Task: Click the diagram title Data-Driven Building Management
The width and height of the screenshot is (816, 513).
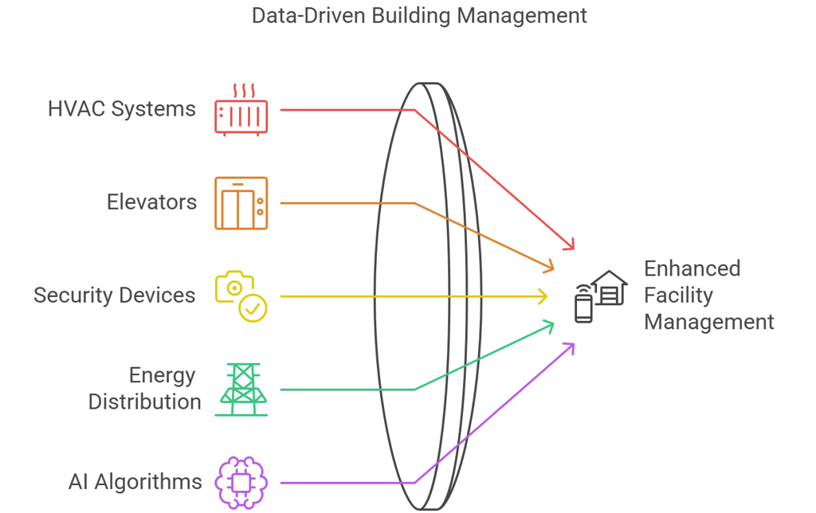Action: (419, 15)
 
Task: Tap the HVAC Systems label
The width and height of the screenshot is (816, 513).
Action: (121, 109)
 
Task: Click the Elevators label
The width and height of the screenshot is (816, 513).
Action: (151, 202)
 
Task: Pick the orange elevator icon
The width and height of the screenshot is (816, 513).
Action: (241, 203)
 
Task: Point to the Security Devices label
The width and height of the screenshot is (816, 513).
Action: (114, 296)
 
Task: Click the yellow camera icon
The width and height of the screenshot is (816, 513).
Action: (234, 288)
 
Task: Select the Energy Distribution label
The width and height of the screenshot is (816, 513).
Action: (144, 389)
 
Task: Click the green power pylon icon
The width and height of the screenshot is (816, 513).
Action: (241, 389)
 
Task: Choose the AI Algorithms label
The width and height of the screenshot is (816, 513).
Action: (135, 482)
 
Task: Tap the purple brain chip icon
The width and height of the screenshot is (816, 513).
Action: (241, 482)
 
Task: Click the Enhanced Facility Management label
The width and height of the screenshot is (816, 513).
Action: (708, 296)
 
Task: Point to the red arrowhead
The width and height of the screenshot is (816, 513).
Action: (569, 244)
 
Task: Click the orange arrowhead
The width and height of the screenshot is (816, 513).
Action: (549, 266)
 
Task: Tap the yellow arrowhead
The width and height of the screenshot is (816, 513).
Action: (543, 296)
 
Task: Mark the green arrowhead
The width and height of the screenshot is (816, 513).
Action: (549, 324)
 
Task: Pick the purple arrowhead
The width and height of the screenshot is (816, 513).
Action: (569, 347)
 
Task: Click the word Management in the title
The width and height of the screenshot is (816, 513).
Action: (534, 15)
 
